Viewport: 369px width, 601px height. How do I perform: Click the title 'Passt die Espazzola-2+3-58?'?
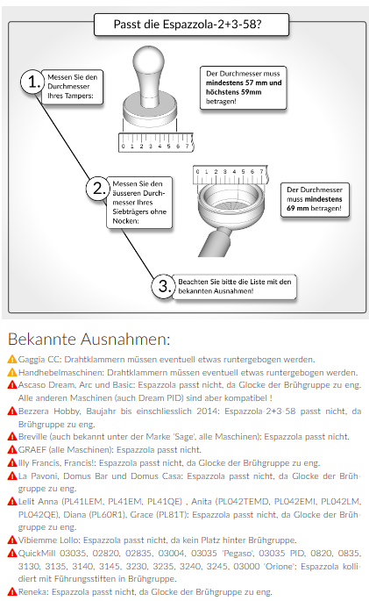188,25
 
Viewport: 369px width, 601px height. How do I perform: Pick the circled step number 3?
165,286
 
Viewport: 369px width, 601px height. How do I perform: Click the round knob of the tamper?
149,59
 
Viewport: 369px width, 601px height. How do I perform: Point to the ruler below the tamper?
156,142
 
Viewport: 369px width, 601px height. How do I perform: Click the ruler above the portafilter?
231,175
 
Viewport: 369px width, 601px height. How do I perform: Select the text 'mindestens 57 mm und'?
244,82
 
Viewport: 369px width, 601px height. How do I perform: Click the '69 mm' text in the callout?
298,208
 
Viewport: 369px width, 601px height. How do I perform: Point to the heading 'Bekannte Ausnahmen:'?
89,340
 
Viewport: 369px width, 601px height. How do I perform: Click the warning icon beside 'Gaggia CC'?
12,359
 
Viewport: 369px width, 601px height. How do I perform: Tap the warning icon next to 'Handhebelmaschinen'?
12,372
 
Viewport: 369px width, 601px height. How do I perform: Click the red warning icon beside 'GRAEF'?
12,449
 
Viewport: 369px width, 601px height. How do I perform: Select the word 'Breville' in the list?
33,437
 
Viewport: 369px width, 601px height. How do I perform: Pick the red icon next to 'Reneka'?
12,592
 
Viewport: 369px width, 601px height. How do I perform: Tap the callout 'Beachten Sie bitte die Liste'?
235,286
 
